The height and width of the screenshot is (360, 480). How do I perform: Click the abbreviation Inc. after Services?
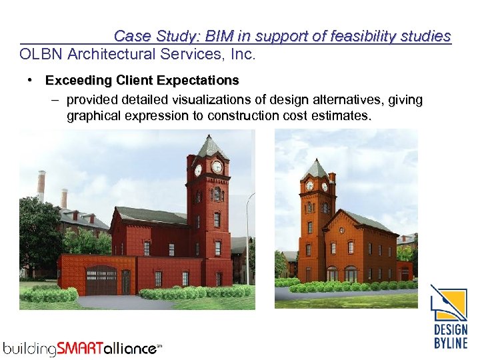[241, 55]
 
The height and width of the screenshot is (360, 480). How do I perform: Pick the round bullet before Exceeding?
[31, 81]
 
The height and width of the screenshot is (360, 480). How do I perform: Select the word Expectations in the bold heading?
[199, 81]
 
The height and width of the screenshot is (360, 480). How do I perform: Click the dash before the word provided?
[53, 100]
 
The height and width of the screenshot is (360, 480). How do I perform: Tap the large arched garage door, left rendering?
[101, 280]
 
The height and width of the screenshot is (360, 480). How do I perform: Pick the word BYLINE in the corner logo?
[451, 343]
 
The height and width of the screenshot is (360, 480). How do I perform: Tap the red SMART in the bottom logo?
[82, 348]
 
